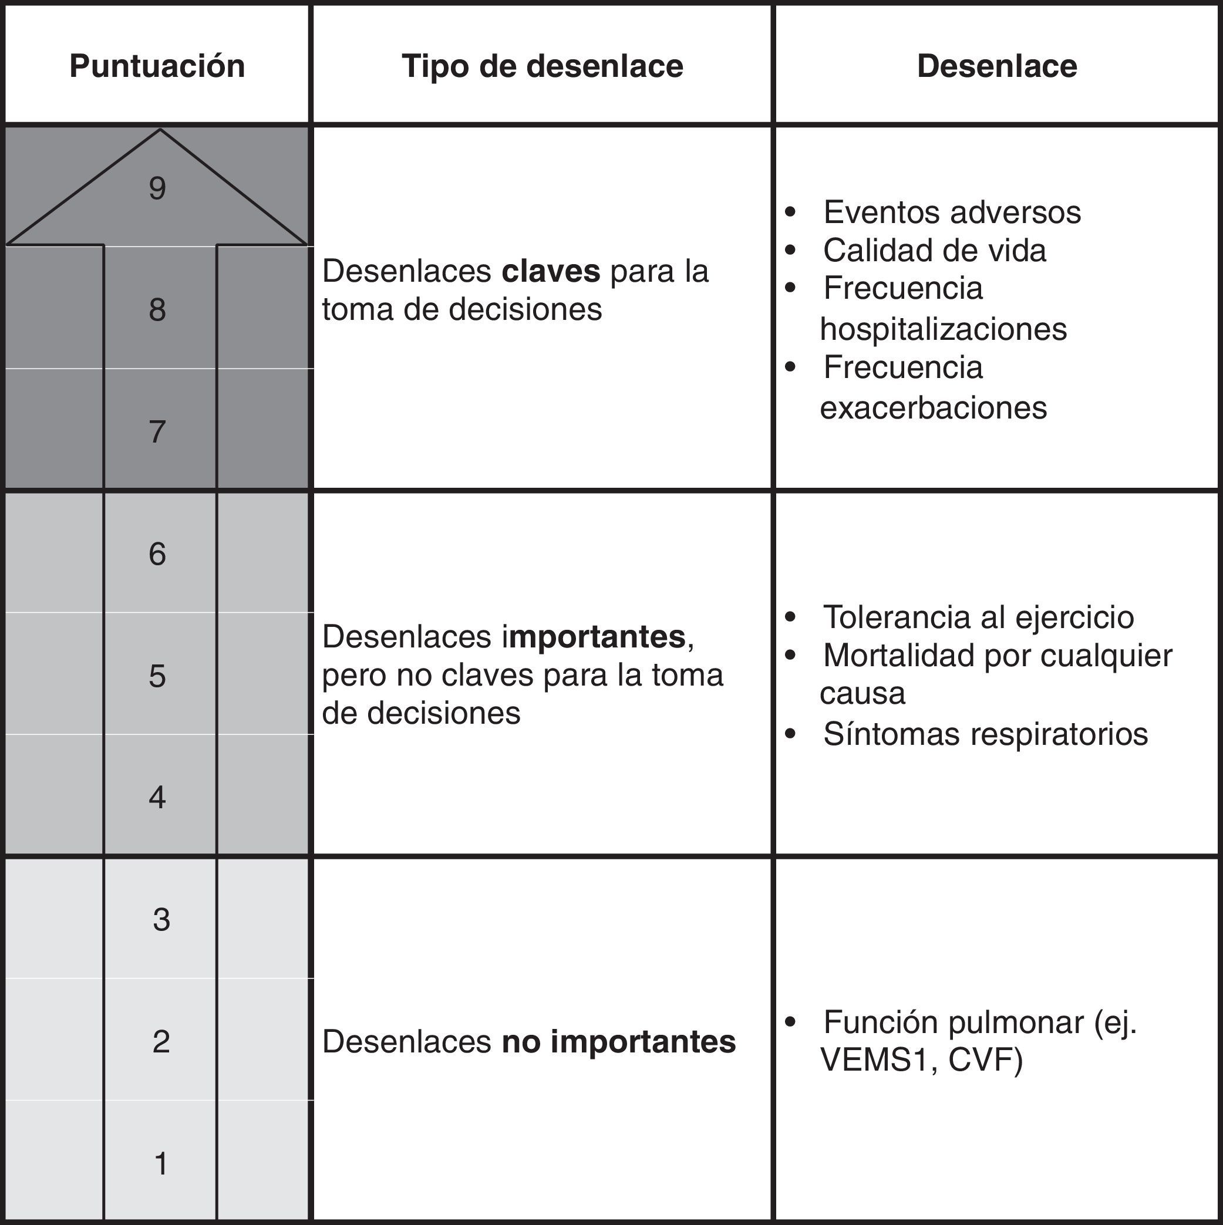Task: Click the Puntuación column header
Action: (157, 66)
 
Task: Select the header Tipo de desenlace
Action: (543, 66)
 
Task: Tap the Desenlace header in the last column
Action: (996, 66)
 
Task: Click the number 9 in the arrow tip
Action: (157, 188)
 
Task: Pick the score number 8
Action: (157, 310)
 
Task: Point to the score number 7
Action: (157, 432)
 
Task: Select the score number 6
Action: (157, 554)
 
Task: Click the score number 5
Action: (157, 676)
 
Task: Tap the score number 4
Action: (157, 797)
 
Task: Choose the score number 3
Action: (161, 919)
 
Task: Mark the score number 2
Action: (161, 1041)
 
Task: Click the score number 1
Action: (161, 1163)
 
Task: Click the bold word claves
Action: (551, 271)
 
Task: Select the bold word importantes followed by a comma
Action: (599, 637)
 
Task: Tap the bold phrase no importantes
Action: (618, 1042)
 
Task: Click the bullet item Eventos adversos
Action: (952, 212)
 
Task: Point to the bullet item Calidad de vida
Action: (934, 251)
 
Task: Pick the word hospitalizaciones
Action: (942, 329)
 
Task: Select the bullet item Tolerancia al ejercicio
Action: (978, 617)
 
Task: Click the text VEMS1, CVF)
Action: (921, 1059)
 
